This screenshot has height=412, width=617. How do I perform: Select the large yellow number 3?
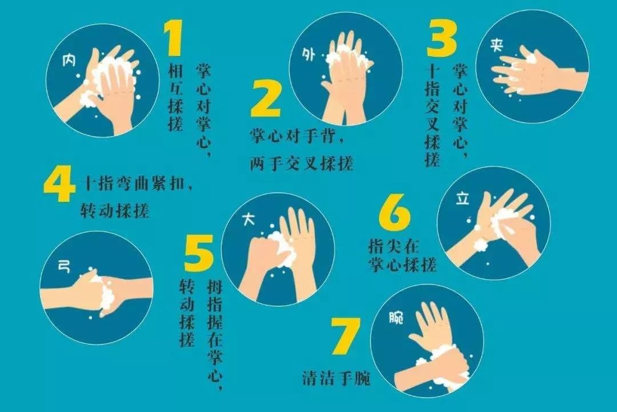[x=442, y=38]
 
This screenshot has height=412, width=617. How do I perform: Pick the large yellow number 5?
[x=199, y=252]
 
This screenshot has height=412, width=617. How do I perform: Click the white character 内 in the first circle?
[x=69, y=61]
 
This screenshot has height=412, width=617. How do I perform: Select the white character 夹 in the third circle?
[x=496, y=45]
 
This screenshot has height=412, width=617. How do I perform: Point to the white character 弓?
[x=64, y=267]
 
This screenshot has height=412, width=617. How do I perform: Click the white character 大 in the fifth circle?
[x=249, y=220]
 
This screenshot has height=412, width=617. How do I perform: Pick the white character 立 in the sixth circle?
[x=463, y=199]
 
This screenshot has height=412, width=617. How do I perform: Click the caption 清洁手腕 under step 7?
[x=336, y=378]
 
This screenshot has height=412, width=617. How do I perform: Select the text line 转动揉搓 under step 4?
[x=114, y=211]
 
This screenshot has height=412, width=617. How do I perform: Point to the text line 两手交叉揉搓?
[x=302, y=163]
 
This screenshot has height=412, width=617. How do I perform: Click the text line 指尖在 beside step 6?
[x=394, y=247]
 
